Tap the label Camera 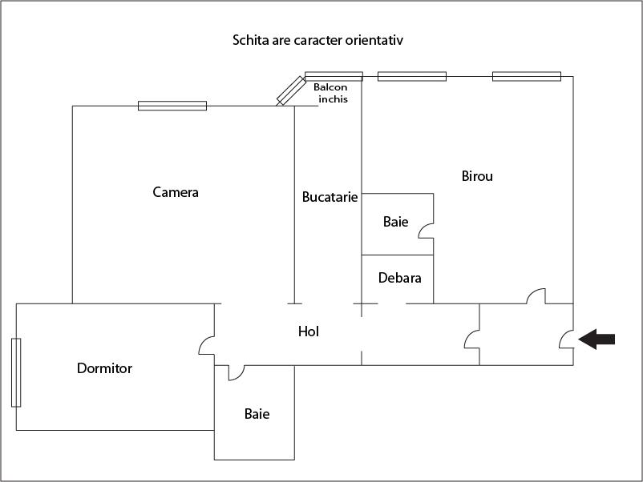pyautogui.click(x=176, y=192)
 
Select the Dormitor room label pyautogui.click(x=104, y=368)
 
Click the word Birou pyautogui.click(x=477, y=176)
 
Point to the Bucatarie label pyautogui.click(x=330, y=196)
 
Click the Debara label pyautogui.click(x=399, y=278)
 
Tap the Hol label pyautogui.click(x=309, y=331)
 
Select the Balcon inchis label pyautogui.click(x=332, y=94)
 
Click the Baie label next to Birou pyautogui.click(x=395, y=222)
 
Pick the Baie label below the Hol pyautogui.click(x=257, y=414)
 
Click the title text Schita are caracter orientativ pyautogui.click(x=322, y=39)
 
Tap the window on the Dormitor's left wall pyautogui.click(x=16, y=373)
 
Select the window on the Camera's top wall pyautogui.click(x=172, y=105)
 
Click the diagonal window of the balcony pyautogui.click(x=291, y=90)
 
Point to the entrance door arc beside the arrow pyautogui.click(x=565, y=340)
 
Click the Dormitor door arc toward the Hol pyautogui.click(x=206, y=346)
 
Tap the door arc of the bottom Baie pyautogui.click(x=236, y=373)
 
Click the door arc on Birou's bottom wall pyautogui.click(x=536, y=296)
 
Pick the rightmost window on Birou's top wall pyautogui.click(x=527, y=76)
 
